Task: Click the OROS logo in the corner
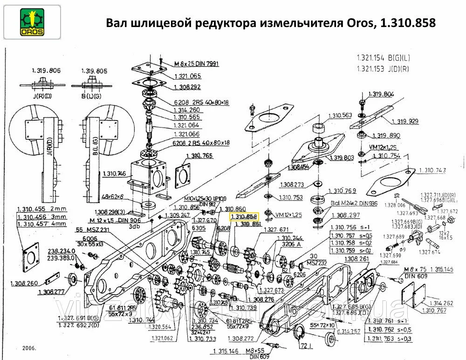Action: pos(32,22)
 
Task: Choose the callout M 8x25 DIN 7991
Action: pos(196,63)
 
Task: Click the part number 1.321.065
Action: pos(187,76)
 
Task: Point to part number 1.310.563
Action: pos(341,115)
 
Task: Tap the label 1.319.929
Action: pos(404,121)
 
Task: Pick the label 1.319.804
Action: pos(381,94)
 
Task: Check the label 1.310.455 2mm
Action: pos(42,209)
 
